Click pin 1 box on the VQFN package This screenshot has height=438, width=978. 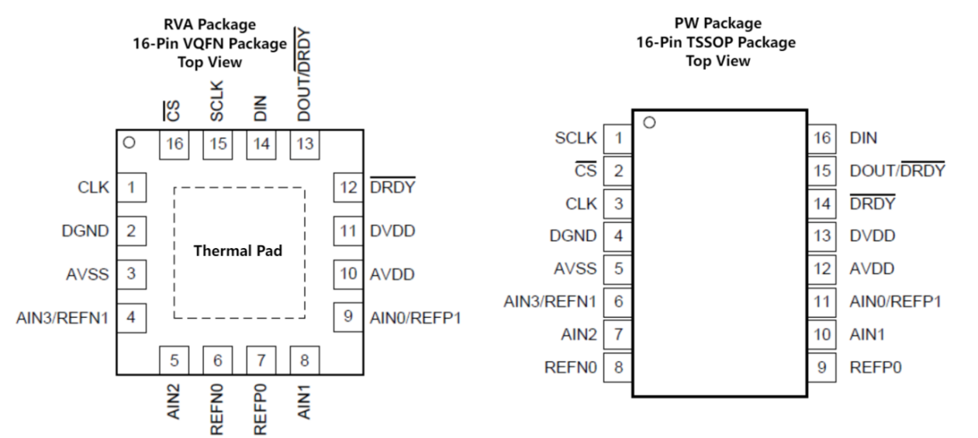point(132,187)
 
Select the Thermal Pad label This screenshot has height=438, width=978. point(238,252)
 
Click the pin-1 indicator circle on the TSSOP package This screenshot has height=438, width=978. point(649,122)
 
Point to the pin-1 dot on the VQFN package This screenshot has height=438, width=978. point(130,143)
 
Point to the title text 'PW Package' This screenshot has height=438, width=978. point(717,23)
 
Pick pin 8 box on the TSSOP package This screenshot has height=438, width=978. point(618,367)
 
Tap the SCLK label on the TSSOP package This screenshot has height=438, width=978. point(576,138)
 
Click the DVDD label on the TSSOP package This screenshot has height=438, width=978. point(872,236)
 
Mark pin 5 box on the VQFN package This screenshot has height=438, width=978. point(175,360)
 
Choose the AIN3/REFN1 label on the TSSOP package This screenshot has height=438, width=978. point(551,302)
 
